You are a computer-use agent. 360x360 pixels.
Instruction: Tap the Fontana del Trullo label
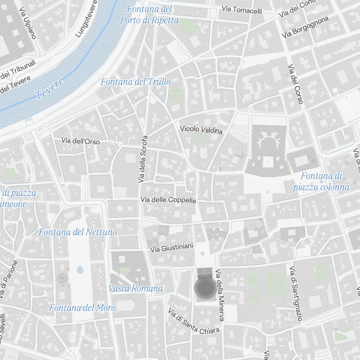(135, 82)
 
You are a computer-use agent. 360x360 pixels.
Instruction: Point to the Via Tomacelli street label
(242, 10)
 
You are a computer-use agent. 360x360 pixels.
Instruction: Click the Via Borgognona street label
(305, 27)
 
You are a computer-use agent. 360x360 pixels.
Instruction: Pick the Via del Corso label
(295, 85)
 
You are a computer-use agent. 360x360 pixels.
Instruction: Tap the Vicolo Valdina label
(201, 130)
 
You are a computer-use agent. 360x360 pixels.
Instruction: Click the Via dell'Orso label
(81, 141)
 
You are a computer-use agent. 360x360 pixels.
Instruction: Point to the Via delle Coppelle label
(168, 200)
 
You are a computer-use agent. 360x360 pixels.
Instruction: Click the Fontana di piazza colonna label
(321, 181)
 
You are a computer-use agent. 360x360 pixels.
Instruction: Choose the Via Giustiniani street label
(172, 248)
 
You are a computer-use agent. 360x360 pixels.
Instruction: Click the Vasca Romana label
(135, 288)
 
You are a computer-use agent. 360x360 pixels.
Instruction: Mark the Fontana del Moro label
(82, 308)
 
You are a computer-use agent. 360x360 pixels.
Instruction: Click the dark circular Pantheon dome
(205, 288)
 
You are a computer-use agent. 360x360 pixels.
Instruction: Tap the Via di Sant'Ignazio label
(296, 293)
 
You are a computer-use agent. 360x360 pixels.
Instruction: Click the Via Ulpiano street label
(28, 22)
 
